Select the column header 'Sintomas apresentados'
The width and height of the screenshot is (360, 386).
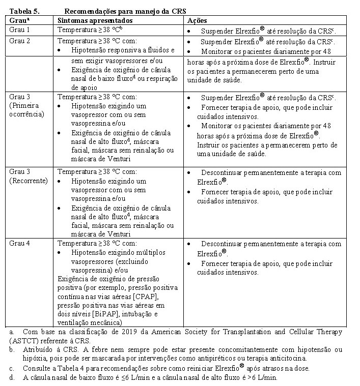point(95,20)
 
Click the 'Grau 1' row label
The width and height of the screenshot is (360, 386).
point(19,30)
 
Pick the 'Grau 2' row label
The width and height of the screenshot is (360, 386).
point(19,41)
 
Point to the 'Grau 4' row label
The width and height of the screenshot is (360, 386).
point(19,244)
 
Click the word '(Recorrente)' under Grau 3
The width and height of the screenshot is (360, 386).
point(28,181)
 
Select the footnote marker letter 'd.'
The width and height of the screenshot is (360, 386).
point(12,377)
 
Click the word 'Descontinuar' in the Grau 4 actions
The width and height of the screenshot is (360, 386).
point(224,244)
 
